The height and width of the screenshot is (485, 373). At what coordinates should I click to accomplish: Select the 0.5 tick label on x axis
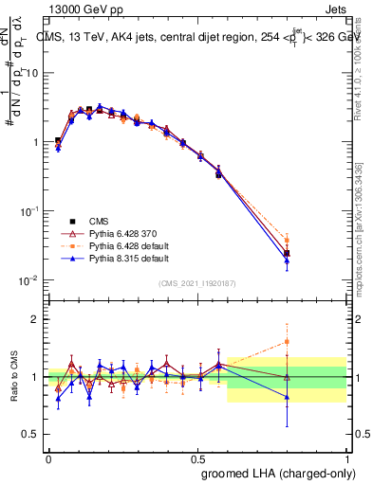click(x=196, y=458)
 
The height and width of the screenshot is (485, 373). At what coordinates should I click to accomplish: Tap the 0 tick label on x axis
click(x=48, y=458)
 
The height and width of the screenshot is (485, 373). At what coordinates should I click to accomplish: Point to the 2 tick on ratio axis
click(x=35, y=319)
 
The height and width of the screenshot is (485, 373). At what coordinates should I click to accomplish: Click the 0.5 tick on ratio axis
click(x=31, y=435)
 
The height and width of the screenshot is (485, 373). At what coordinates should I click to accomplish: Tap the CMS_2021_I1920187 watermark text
click(x=196, y=283)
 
